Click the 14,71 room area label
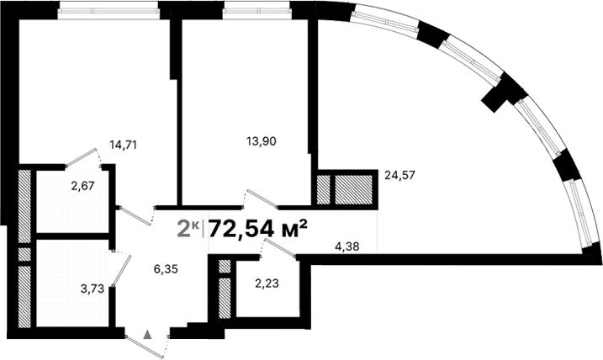(124, 144)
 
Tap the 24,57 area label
(401, 176)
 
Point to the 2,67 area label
(82, 186)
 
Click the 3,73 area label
(93, 289)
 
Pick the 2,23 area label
(267, 283)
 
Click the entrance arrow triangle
(149, 334)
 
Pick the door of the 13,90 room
(260, 198)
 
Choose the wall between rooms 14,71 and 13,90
(177, 109)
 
